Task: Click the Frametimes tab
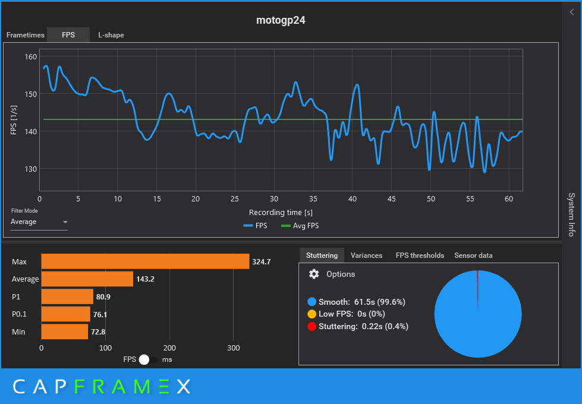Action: [26, 35]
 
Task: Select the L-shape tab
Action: [111, 35]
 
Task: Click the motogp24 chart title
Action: [281, 20]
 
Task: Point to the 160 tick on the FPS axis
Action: [30, 57]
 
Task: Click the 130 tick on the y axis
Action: [30, 169]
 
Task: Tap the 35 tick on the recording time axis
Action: [313, 198]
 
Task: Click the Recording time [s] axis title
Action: [281, 212]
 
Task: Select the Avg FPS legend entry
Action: [300, 226]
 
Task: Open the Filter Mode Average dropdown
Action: [39, 222]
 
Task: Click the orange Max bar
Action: [145, 261]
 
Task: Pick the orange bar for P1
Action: [67, 296]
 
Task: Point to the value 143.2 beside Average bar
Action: [145, 279]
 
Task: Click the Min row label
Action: [18, 332]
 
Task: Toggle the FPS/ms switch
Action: [149, 359]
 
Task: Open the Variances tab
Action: [366, 255]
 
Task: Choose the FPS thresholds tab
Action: [420, 255]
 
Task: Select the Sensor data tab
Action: [473, 255]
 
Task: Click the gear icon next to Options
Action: [314, 274]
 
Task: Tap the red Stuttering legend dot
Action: [312, 326]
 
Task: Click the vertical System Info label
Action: [571, 214]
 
